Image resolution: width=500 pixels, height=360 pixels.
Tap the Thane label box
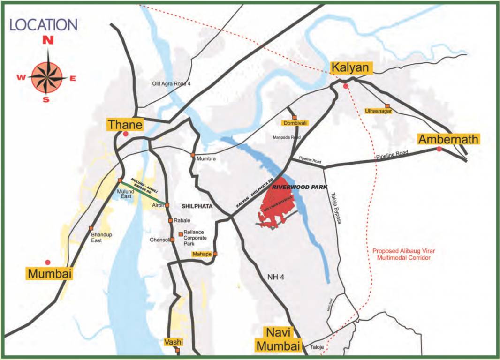125,125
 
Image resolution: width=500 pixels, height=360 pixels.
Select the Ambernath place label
448,139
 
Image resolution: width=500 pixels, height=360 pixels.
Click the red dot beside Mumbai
47,262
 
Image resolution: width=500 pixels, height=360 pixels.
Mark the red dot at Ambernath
439,149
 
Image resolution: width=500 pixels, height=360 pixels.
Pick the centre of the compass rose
47,78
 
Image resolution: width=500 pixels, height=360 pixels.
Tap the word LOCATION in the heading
43,25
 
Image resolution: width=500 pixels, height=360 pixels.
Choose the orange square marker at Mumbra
193,155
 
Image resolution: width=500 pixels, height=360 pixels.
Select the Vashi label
173,342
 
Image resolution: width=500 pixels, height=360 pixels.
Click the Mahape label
202,255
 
